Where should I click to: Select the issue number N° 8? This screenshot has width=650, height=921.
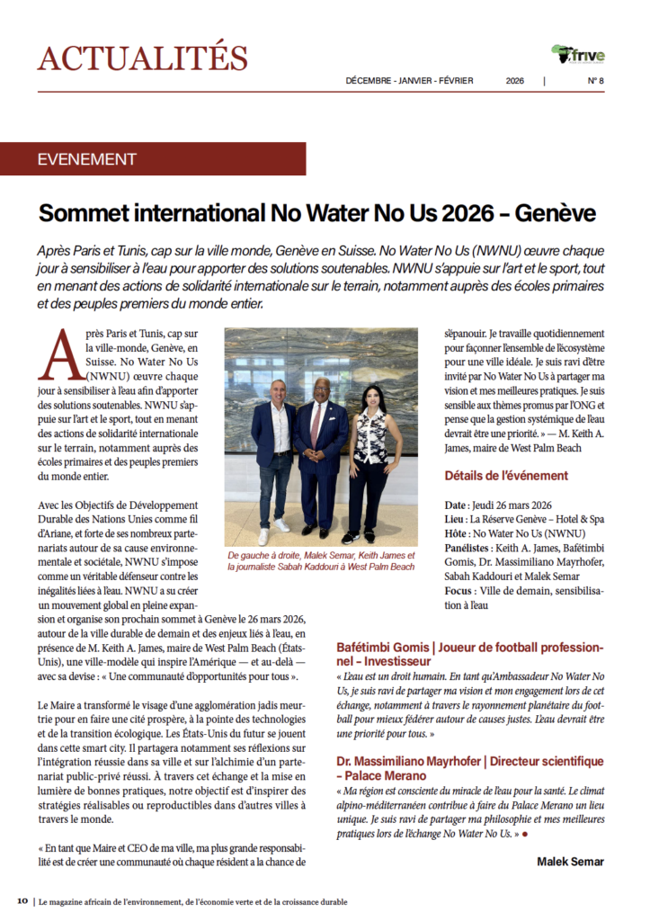(594, 81)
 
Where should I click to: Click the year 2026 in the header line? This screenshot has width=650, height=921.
(514, 81)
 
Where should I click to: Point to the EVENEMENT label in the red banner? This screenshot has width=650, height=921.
(87, 159)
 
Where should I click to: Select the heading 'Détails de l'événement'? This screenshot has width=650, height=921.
(505, 476)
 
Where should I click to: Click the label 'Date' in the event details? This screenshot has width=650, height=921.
(457, 505)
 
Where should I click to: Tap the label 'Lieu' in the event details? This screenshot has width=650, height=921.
(456, 519)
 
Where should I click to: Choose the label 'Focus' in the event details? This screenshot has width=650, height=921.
(459, 592)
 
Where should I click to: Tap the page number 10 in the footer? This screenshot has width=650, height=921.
(22, 900)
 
